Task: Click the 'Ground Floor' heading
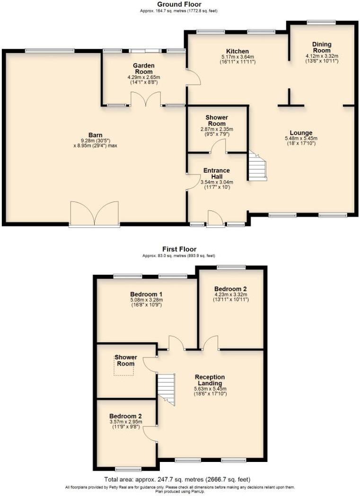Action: (x=179, y=4)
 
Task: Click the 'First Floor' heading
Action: (x=179, y=249)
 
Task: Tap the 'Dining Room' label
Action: (x=322, y=47)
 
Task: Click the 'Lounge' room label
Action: (x=301, y=132)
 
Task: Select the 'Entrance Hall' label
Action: (x=216, y=174)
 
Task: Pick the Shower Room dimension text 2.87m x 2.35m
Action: (x=217, y=129)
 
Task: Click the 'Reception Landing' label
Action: (x=211, y=380)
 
